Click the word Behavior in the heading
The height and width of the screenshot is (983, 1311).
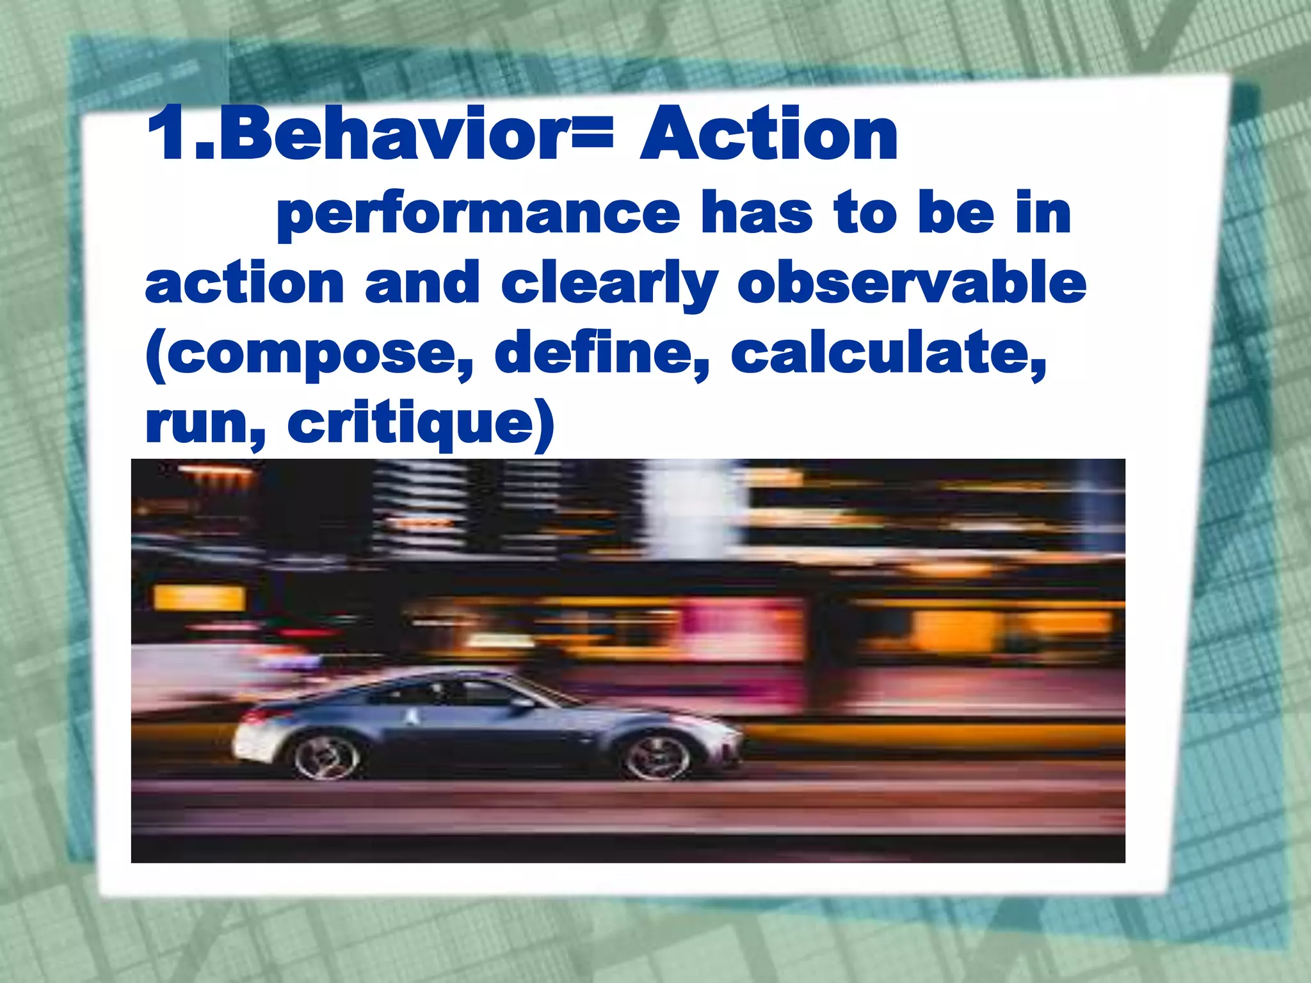tap(390, 134)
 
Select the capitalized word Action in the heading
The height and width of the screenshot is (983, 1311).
tap(768, 134)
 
